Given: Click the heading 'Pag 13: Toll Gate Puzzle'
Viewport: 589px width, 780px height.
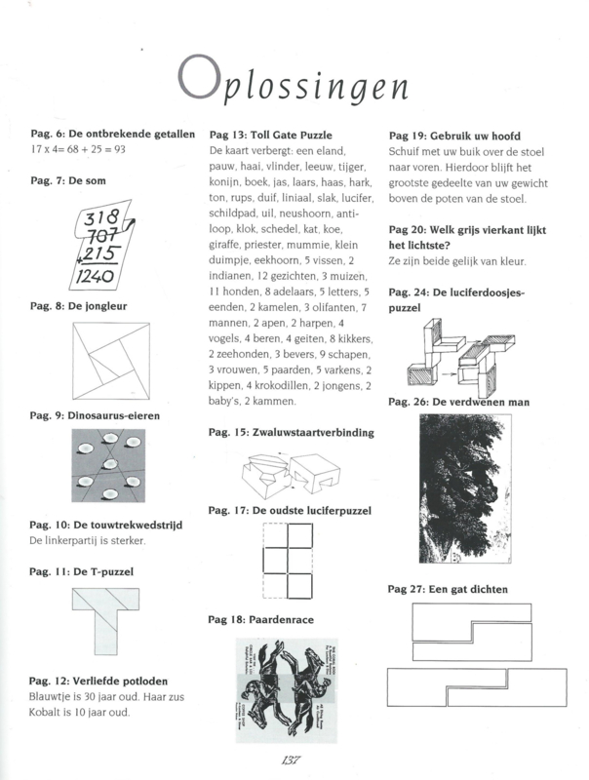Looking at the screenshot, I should (271, 135).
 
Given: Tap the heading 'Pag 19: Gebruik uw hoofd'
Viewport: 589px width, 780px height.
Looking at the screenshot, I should (454, 135).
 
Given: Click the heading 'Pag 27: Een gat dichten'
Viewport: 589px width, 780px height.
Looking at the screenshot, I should (448, 589).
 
